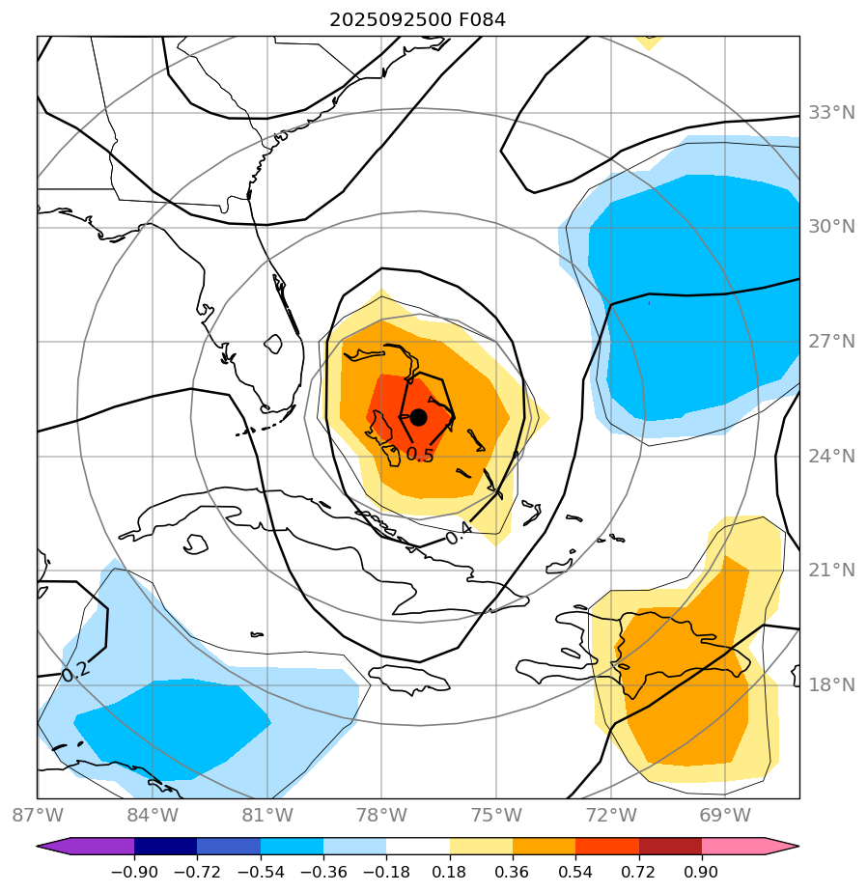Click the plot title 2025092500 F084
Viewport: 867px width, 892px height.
point(417,19)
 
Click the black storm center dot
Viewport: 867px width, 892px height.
point(418,417)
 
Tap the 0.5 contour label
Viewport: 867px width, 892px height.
point(420,454)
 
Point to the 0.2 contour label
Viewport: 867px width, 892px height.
point(74,671)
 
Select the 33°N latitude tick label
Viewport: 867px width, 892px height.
point(831,112)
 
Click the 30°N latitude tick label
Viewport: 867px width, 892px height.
point(831,226)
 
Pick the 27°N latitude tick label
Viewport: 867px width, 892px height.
point(831,341)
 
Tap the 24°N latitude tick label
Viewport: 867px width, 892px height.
point(831,456)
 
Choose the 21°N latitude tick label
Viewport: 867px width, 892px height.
point(831,570)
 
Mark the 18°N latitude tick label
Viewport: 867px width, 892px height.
point(831,684)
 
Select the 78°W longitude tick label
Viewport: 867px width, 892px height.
point(381,816)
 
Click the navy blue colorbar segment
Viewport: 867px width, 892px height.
point(165,847)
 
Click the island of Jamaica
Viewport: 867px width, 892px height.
point(409,678)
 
